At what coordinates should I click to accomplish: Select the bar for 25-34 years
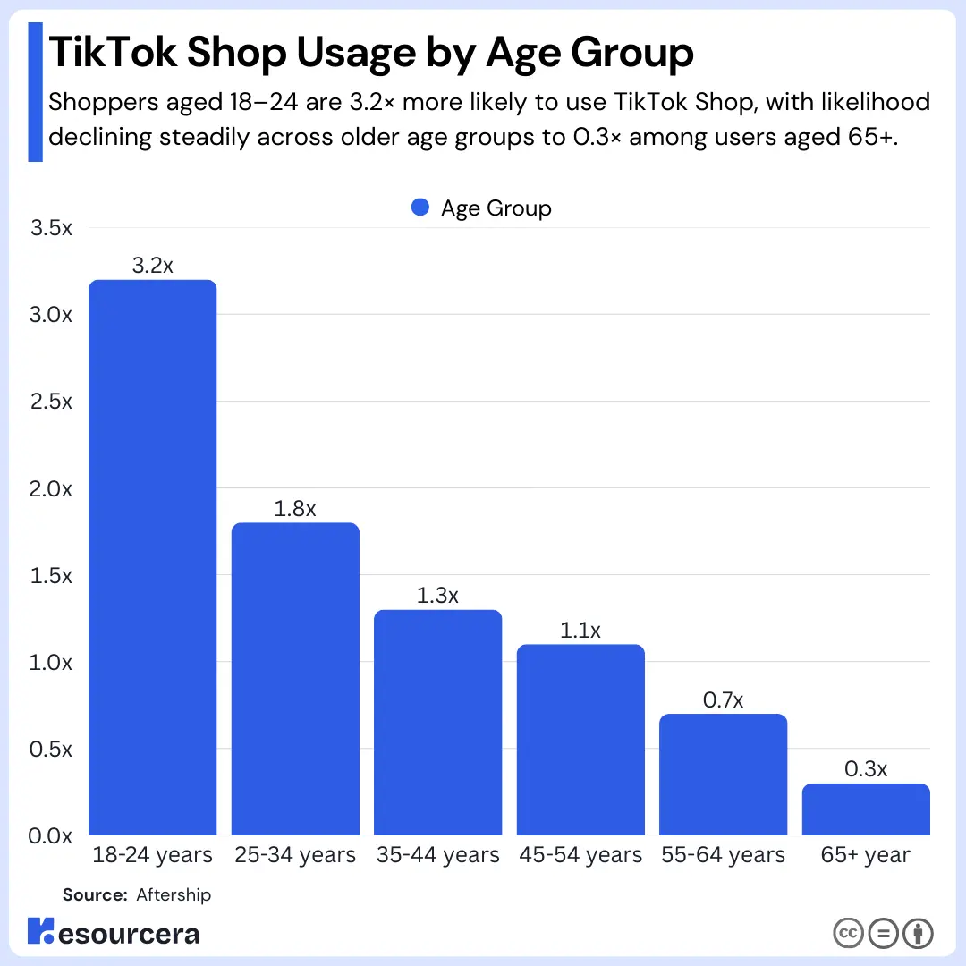pyautogui.click(x=295, y=679)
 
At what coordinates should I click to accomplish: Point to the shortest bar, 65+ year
pyautogui.click(x=866, y=809)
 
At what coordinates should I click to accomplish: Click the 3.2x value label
pyautogui.click(x=152, y=266)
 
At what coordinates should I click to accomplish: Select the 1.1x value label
pyautogui.click(x=580, y=631)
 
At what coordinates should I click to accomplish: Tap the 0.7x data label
pyautogui.click(x=723, y=700)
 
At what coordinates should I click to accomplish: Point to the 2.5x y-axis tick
pyautogui.click(x=51, y=402)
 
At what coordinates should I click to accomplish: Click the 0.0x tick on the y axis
pyautogui.click(x=51, y=836)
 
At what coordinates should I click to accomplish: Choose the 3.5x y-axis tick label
pyautogui.click(x=51, y=228)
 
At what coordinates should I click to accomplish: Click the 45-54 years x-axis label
pyautogui.click(x=580, y=856)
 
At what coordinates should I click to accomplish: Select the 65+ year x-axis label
pyautogui.click(x=865, y=856)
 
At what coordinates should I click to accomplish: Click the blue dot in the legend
pyautogui.click(x=421, y=208)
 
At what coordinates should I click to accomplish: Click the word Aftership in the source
pyautogui.click(x=174, y=894)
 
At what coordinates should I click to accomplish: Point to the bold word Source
pyautogui.click(x=95, y=894)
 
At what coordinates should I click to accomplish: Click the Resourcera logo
pyautogui.click(x=114, y=932)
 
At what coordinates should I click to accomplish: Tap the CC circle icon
pyautogui.click(x=847, y=934)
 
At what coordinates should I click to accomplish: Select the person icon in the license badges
pyautogui.click(x=919, y=934)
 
